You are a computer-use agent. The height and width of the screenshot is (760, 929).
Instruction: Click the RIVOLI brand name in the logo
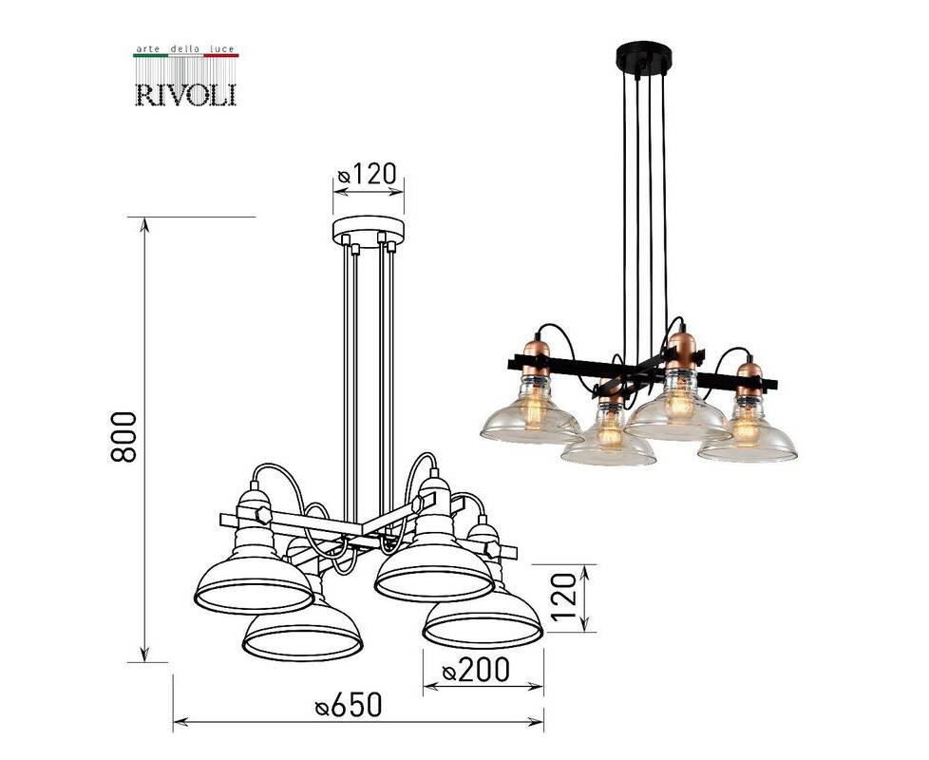186,95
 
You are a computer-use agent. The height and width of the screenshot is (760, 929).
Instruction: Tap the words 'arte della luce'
185,48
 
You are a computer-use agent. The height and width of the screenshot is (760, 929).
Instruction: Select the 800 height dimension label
123,437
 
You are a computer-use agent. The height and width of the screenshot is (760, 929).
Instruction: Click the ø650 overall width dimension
349,706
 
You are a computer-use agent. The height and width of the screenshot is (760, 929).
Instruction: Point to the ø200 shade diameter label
476,670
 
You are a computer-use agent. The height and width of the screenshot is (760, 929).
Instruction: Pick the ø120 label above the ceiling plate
367,174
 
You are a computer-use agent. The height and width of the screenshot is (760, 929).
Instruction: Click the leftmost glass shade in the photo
531,414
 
